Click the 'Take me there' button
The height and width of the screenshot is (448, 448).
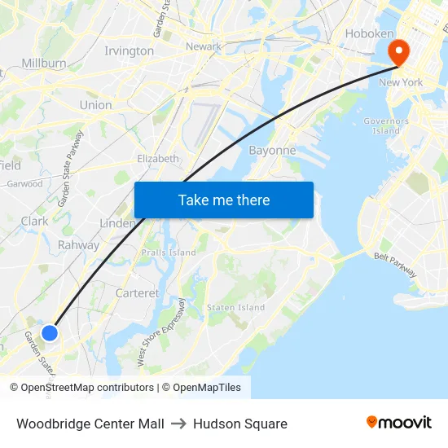tap(224, 200)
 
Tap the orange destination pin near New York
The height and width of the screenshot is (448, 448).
tap(399, 53)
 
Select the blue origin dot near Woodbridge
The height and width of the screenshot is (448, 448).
tap(50, 332)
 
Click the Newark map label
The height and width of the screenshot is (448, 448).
tap(204, 46)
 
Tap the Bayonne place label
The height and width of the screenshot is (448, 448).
tap(271, 151)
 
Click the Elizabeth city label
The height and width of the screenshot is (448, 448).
tap(157, 159)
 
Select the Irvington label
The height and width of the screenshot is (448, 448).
tap(129, 51)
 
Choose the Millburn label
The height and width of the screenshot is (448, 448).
tap(44, 63)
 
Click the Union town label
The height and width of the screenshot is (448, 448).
tap(95, 105)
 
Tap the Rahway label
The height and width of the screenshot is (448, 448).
tap(78, 245)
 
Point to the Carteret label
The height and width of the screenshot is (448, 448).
tap(138, 292)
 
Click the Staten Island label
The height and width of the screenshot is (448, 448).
tap(236, 307)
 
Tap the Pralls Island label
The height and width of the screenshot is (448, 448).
tap(169, 253)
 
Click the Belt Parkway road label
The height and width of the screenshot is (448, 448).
tap(395, 263)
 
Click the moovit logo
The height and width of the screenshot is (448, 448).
tap(399, 423)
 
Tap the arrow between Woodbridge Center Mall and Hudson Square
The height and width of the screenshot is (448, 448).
tap(178, 424)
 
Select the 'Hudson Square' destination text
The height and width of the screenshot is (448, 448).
tap(240, 424)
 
